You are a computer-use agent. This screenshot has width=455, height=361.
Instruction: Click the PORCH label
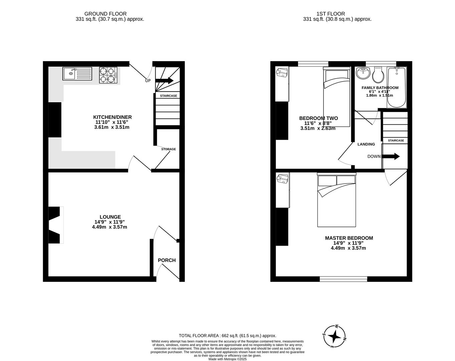coord(167,260)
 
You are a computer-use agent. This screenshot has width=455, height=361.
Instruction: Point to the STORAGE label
coord(168,149)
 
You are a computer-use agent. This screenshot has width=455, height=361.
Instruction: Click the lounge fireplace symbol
coord(55,225)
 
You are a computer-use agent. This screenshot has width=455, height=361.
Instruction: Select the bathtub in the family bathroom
coord(396,88)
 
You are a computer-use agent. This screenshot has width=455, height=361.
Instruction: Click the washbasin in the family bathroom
coord(363,73)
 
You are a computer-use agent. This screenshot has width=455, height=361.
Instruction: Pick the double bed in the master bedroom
coord(336,201)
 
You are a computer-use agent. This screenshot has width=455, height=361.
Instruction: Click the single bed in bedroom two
coord(336,97)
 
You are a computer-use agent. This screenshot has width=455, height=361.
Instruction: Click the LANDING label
coord(366,144)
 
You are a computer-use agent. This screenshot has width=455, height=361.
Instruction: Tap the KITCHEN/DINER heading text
coord(112,117)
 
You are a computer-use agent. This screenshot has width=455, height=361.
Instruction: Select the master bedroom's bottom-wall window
coord(343,279)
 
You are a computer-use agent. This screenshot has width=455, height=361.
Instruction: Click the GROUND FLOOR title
coord(105,14)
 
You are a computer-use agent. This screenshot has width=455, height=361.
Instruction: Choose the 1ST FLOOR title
coord(330,14)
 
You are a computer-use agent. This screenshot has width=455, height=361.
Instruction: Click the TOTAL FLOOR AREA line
coord(227,336)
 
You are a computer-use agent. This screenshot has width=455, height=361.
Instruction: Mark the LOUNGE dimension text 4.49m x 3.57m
coord(109,227)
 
